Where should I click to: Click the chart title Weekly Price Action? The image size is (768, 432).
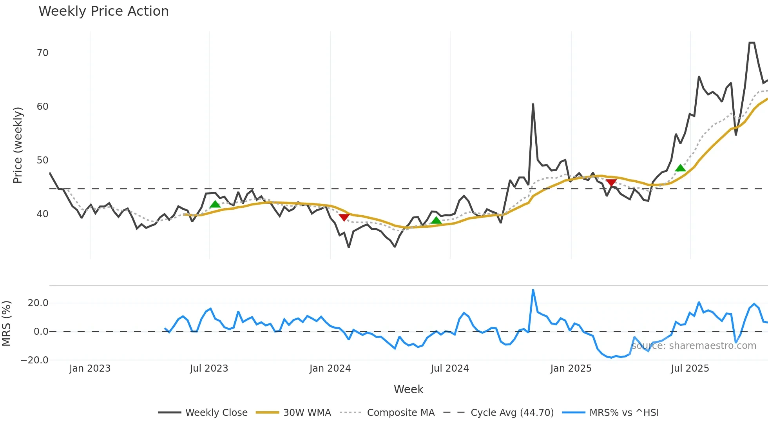tap(103, 11)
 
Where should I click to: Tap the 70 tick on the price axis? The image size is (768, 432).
tap(42, 53)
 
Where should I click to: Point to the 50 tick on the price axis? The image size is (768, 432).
tap(42, 160)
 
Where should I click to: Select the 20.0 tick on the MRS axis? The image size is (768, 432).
tap(38, 303)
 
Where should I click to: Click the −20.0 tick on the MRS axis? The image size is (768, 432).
tap(34, 360)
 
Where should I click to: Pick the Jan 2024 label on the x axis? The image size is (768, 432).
tap(330, 368)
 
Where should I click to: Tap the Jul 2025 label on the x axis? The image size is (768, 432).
tap(690, 368)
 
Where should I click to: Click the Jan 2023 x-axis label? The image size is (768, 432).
tap(90, 368)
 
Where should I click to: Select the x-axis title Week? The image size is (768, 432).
tap(408, 389)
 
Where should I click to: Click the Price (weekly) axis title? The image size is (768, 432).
tap(18, 145)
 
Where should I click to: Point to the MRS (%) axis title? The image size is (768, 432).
tap(6, 323)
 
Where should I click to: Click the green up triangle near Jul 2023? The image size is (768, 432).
tap(215, 204)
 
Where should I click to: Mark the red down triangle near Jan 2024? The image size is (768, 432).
tap(344, 217)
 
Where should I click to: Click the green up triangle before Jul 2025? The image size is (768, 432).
tap(681, 168)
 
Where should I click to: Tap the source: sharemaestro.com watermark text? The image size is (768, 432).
tap(694, 346)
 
